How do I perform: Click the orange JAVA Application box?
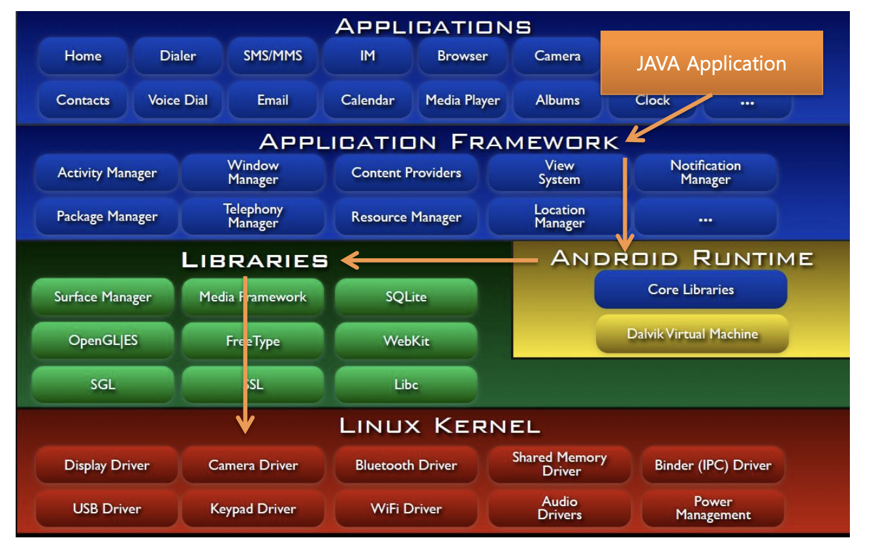point(712,63)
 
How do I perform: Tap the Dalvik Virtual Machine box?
point(692,334)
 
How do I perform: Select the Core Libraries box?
point(691,290)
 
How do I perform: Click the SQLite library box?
point(405,297)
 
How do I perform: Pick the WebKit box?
point(405,341)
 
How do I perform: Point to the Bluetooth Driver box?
point(405,466)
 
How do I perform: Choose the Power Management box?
point(713,509)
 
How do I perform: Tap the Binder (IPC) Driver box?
point(713,466)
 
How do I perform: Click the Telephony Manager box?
point(253,217)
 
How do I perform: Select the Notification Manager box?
point(705,173)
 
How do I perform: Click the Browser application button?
point(462,56)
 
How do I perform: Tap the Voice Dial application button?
point(178,100)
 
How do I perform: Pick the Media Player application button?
point(462,100)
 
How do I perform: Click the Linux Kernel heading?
point(439,426)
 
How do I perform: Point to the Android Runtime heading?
point(682,258)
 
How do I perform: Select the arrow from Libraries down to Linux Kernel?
point(245,352)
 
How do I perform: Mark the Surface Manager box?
point(102,297)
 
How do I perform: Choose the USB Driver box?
point(106,509)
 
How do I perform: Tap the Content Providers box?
point(405,173)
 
